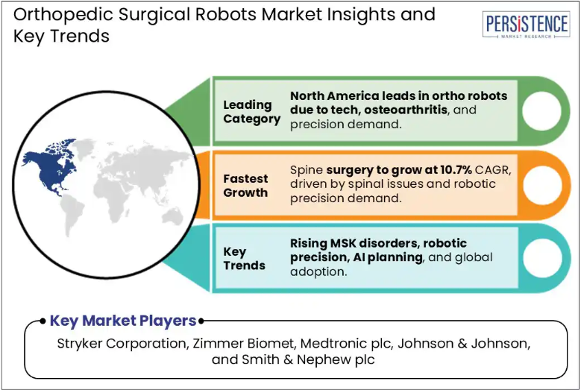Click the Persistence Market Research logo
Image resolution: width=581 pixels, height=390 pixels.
click(526, 25)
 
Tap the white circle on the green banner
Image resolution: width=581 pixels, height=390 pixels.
click(541, 111)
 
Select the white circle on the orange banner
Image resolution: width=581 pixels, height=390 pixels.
click(541, 185)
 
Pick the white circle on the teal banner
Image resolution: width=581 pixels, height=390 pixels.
click(541, 258)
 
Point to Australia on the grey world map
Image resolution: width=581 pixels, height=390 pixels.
click(172, 217)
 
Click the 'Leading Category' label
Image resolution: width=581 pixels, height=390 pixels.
click(251, 112)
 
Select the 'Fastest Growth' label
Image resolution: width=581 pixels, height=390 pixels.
click(245, 186)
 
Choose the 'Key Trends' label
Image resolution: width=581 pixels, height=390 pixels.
click(244, 259)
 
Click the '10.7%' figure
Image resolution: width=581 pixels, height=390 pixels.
click(456, 170)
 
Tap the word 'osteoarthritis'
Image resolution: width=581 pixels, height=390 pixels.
click(406, 110)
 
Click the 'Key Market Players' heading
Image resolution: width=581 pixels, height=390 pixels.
click(123, 321)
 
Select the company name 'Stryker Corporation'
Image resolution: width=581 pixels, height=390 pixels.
click(122, 344)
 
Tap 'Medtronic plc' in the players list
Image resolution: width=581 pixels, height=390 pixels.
click(346, 344)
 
